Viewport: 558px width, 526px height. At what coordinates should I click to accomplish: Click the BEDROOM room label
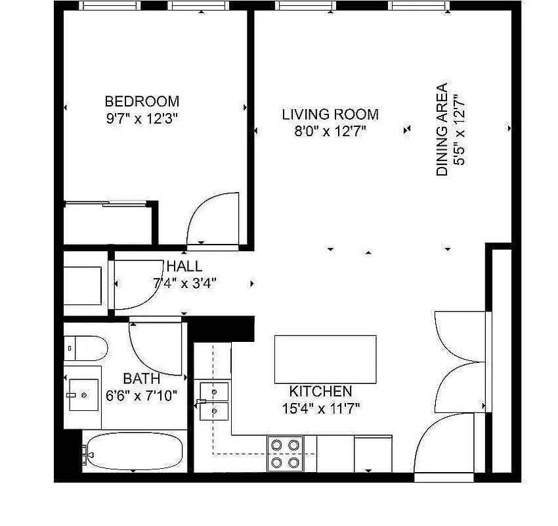point(142,102)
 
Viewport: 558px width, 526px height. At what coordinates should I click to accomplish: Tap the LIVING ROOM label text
point(330,114)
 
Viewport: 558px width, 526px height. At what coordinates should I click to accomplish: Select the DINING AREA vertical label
point(442,130)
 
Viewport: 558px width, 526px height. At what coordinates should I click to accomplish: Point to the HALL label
point(184,267)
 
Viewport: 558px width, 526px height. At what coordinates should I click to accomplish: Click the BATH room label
point(141,379)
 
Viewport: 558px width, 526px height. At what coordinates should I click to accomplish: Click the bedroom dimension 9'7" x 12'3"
point(142,119)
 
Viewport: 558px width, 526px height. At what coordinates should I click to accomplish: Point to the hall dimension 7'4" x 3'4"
point(184,284)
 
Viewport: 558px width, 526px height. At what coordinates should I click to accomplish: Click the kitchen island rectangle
point(325,359)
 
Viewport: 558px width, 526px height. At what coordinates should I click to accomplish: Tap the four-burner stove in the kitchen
point(286,454)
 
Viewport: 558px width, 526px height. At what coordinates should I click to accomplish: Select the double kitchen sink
point(215,401)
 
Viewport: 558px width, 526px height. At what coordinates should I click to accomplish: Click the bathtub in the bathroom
point(135,452)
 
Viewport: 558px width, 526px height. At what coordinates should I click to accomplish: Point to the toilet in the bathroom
point(87,348)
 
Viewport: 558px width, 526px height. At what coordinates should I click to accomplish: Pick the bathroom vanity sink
point(83,394)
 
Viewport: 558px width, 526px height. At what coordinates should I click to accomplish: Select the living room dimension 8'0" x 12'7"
point(330,131)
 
